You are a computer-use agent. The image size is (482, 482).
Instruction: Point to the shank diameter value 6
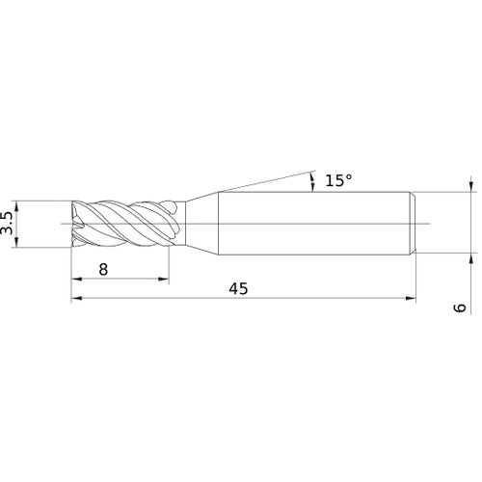click(x=460, y=308)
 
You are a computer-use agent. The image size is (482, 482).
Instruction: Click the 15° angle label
click(x=337, y=180)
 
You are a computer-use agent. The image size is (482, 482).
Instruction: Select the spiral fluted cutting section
click(x=125, y=226)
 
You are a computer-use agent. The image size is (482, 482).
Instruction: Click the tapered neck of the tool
click(x=199, y=226)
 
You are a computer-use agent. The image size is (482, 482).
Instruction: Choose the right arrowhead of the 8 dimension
click(x=167, y=281)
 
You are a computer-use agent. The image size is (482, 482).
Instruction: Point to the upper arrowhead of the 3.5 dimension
click(x=20, y=206)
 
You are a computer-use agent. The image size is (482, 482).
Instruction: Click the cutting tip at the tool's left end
click(x=76, y=226)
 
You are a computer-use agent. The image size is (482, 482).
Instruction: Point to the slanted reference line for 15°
click(x=260, y=182)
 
